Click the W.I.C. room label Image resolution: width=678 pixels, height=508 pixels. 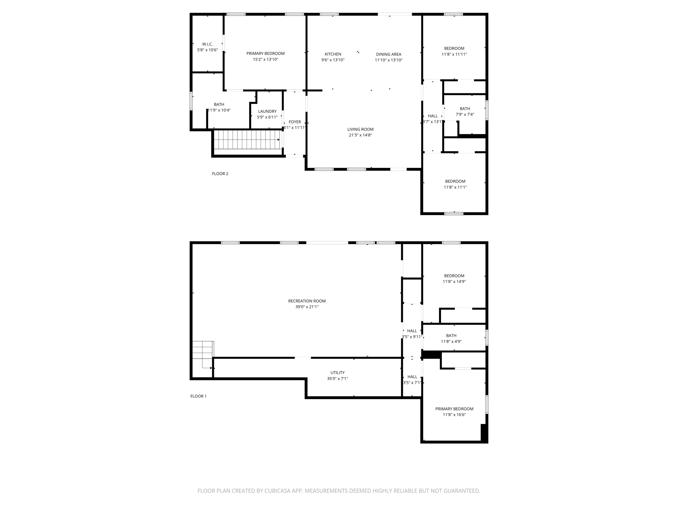click(207, 44)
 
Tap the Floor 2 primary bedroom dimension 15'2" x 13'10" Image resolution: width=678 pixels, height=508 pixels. click(266, 60)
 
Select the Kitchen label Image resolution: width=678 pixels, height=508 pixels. click(333, 54)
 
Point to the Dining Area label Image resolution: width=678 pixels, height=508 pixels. click(388, 54)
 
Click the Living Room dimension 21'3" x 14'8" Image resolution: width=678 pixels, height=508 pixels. click(360, 135)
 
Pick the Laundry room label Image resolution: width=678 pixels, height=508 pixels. click(267, 111)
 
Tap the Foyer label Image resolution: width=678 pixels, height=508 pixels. click(295, 122)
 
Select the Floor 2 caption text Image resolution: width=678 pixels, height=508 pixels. click(220, 174)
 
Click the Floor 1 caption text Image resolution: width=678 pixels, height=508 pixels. click(198, 396)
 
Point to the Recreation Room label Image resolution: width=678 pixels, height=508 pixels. click(307, 301)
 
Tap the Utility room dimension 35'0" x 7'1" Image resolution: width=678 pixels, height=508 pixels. click(337, 379)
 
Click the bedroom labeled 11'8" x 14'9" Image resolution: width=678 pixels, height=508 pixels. click(454, 278)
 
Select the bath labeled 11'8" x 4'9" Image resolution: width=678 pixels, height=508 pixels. click(451, 338)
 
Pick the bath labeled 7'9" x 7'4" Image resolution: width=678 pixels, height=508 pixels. click(465, 111)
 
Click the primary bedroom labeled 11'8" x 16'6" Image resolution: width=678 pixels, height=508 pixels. click(454, 411)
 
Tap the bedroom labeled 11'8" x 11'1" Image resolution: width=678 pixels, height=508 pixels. click(455, 184)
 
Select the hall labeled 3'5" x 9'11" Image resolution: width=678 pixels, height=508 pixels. click(412, 334)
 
